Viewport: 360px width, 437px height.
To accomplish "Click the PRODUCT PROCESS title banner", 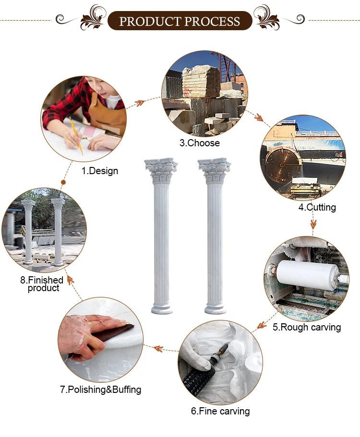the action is click(180, 21).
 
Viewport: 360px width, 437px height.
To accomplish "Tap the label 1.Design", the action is click(99, 171).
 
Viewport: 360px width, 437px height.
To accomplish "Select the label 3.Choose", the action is click(199, 143).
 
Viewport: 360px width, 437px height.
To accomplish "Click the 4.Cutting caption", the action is click(317, 207).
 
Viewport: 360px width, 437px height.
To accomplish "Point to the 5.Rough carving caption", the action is click(307, 327).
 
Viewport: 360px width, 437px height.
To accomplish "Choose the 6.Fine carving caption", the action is click(220, 411).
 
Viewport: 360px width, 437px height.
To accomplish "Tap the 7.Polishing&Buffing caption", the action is click(101, 390).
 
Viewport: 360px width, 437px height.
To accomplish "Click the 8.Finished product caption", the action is click(42, 283).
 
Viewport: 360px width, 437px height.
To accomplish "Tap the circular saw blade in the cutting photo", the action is click(283, 165).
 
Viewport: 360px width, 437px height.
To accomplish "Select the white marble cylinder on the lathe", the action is click(307, 274).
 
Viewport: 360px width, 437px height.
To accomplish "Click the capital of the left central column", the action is click(161, 171).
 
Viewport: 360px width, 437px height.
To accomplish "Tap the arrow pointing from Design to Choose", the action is click(138, 104).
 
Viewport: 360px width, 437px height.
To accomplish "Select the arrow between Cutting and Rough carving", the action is click(313, 223).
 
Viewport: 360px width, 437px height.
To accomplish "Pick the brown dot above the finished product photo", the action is click(63, 182).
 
